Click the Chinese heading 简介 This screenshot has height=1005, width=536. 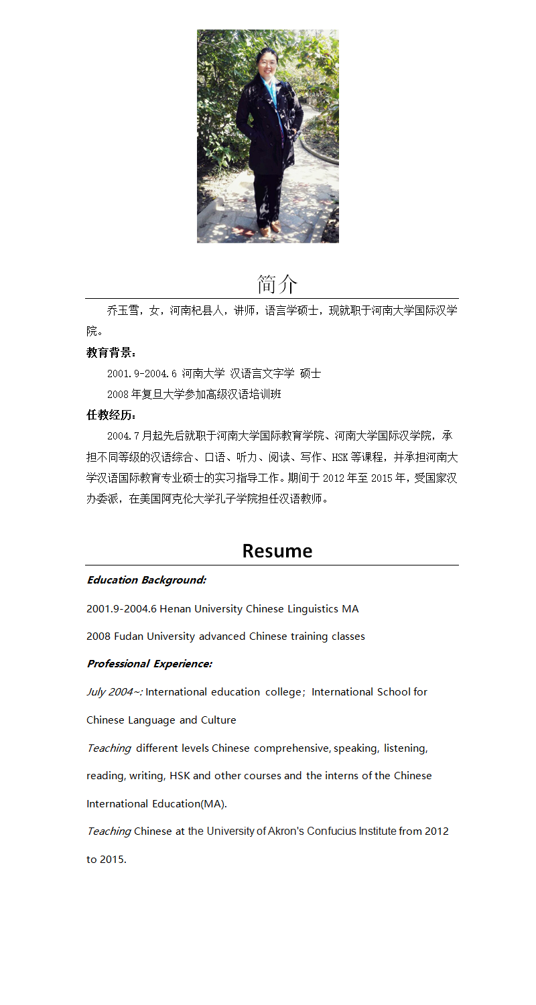pyautogui.click(x=277, y=284)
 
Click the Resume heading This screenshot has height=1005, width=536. pyautogui.click(x=277, y=551)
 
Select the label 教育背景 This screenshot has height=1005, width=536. pyautogui.click(x=111, y=352)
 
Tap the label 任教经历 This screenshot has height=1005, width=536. pyautogui.click(x=111, y=415)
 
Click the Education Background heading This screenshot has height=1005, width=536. pyautogui.click(x=146, y=580)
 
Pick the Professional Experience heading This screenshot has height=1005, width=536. pyautogui.click(x=149, y=664)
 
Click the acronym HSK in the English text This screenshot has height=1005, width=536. pyautogui.click(x=180, y=776)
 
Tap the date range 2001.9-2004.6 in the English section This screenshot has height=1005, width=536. pyautogui.click(x=121, y=609)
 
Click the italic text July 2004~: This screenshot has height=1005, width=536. pyautogui.click(x=114, y=692)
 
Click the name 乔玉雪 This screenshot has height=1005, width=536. pyautogui.click(x=123, y=311)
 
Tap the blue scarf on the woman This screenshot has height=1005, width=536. pyautogui.click(x=271, y=90)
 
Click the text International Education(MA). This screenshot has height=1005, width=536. pyautogui.click(x=156, y=804)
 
